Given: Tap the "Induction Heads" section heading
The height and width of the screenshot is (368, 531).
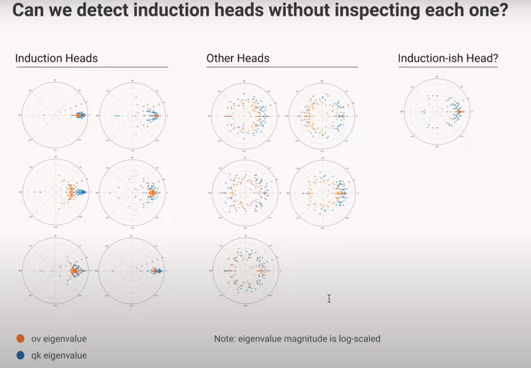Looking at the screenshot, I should pos(56,58).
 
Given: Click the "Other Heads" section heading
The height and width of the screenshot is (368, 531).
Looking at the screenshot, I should pos(238,58).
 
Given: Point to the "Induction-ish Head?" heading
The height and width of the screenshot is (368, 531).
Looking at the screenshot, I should pos(448,58).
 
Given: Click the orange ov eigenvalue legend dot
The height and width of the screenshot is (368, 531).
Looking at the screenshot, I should pos(21,339).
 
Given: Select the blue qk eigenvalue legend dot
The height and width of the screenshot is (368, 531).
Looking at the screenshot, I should pos(21,355).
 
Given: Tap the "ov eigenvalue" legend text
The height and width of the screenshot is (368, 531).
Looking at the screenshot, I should pos(59,339).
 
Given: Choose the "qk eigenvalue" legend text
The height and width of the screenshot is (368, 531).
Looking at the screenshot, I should pos(59,355).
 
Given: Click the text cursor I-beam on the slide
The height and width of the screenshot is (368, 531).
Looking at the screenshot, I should pos(329,298).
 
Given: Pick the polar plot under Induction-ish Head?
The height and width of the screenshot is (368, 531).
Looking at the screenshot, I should pos(437,112).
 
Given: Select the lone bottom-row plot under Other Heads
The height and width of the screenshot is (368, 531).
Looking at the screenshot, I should pos(245,271).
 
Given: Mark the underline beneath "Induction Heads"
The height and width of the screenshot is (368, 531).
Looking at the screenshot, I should pos(91,67).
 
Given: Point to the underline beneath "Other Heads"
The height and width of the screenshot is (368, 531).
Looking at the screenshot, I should pos(282,67).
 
